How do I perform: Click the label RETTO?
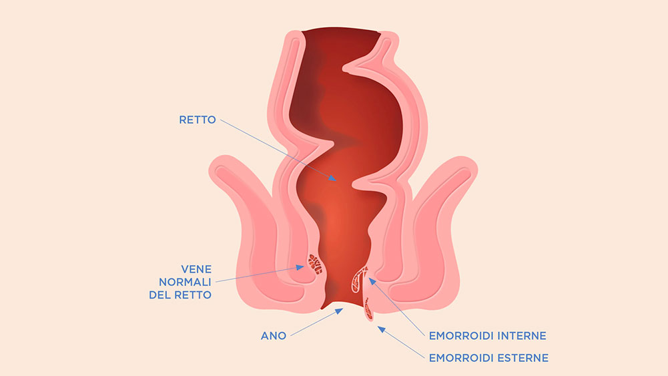point(198,120)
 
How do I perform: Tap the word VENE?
point(196,269)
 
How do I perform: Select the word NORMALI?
point(185,282)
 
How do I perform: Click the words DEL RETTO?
point(180,295)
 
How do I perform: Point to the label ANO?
point(274,336)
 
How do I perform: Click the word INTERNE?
point(522,336)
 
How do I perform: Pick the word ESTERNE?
point(523,358)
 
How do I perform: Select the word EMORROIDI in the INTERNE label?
point(461,336)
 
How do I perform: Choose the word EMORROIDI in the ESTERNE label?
point(461,358)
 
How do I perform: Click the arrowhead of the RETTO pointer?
point(333,178)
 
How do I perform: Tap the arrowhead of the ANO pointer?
point(339,311)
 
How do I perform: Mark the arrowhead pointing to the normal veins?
point(301,267)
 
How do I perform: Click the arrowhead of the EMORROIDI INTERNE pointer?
point(372,281)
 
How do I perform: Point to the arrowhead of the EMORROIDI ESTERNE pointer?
point(381,329)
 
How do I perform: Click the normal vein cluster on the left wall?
point(316,263)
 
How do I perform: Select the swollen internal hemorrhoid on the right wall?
point(359,279)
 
